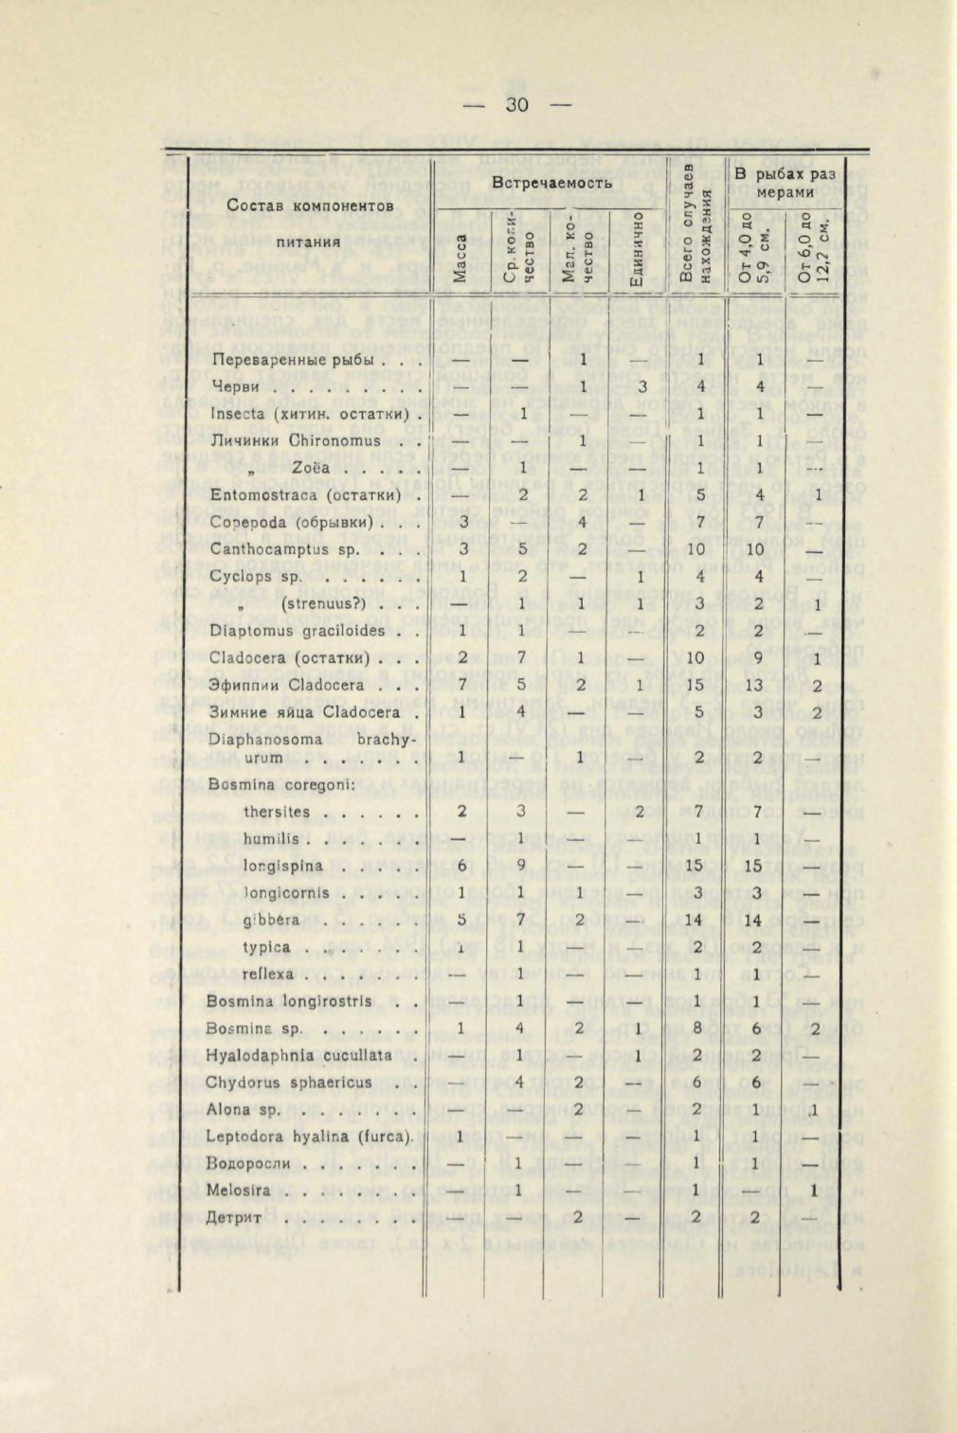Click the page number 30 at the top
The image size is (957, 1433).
coord(516,104)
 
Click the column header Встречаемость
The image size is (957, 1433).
coord(551,182)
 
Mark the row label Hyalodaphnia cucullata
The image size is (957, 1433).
coord(299,1054)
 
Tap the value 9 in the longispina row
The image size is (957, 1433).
coord(521,866)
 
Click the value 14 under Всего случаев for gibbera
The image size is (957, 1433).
coord(696,920)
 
